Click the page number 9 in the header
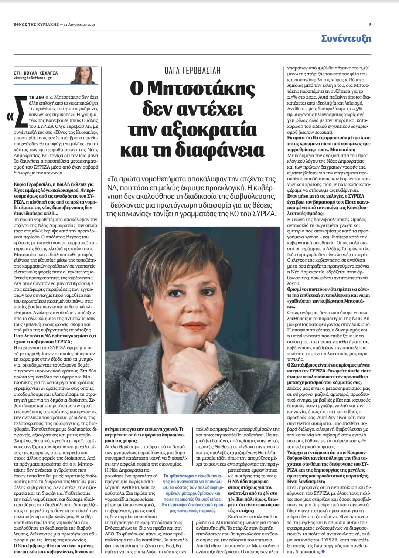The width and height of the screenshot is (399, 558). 370,24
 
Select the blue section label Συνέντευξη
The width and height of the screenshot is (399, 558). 346,38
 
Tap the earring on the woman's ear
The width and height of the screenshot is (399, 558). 149,318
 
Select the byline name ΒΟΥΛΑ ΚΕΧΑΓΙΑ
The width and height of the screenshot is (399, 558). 41,73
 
